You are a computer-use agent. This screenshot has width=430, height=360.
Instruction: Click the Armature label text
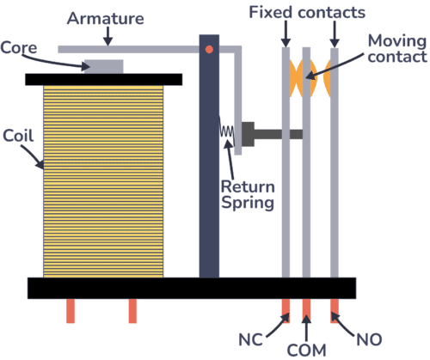click(107, 17)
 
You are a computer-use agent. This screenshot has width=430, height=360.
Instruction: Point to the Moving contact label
click(396, 49)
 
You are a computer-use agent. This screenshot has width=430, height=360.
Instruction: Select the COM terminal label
click(308, 349)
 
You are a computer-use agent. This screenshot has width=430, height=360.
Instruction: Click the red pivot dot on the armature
click(209, 50)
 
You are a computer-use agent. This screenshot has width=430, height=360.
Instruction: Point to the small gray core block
click(103, 66)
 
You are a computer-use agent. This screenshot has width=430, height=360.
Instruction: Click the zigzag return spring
click(228, 132)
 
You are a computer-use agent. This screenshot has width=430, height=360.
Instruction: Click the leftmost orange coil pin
click(71, 310)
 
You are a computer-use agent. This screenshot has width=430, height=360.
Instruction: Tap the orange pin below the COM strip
click(307, 309)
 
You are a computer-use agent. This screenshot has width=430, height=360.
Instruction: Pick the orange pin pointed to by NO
click(335, 309)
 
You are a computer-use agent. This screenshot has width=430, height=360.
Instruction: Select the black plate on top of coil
click(103, 79)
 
